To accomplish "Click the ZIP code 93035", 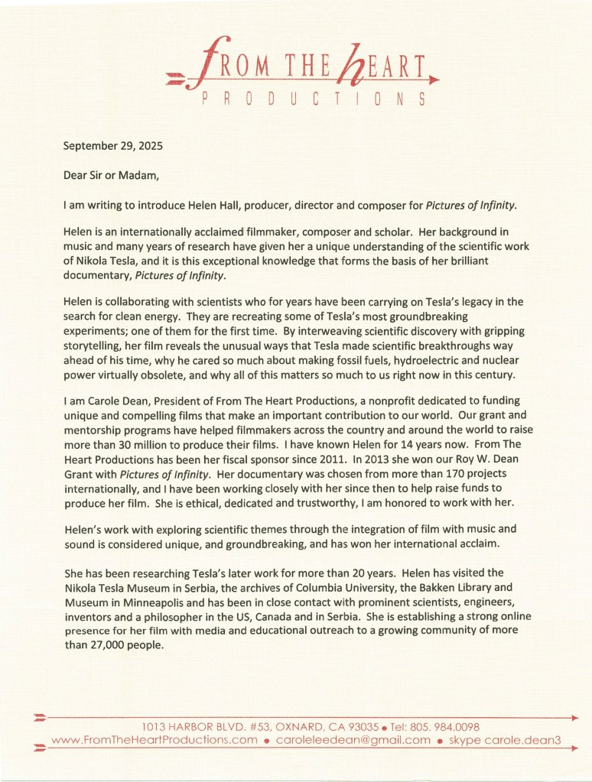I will (361, 726).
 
